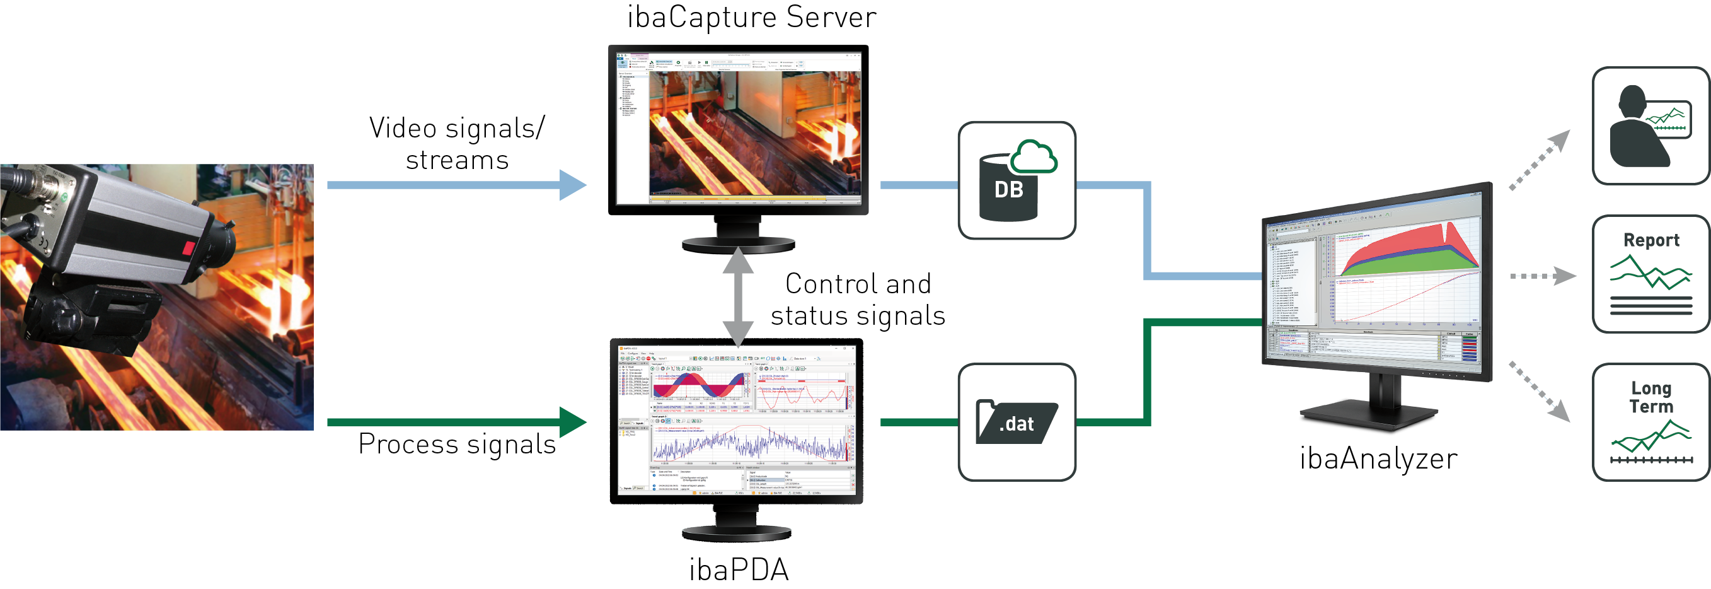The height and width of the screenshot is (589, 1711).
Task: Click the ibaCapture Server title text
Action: (x=751, y=17)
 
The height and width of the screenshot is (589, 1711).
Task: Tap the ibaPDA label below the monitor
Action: (x=739, y=569)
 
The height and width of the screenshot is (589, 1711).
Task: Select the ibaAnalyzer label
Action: (x=1378, y=458)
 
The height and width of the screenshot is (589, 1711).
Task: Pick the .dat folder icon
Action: (x=1016, y=422)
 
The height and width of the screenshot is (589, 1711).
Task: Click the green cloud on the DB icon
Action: (x=1034, y=158)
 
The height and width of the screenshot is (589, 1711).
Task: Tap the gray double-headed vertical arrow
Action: (x=738, y=296)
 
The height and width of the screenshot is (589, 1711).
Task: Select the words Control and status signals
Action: (x=858, y=299)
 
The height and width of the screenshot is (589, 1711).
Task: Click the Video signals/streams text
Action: (x=457, y=144)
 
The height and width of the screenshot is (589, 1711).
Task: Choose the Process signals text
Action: (x=457, y=444)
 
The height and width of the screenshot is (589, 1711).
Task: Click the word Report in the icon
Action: (x=1651, y=240)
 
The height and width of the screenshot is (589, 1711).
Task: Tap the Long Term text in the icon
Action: (x=1651, y=397)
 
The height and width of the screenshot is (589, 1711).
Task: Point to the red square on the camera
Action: (x=188, y=248)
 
